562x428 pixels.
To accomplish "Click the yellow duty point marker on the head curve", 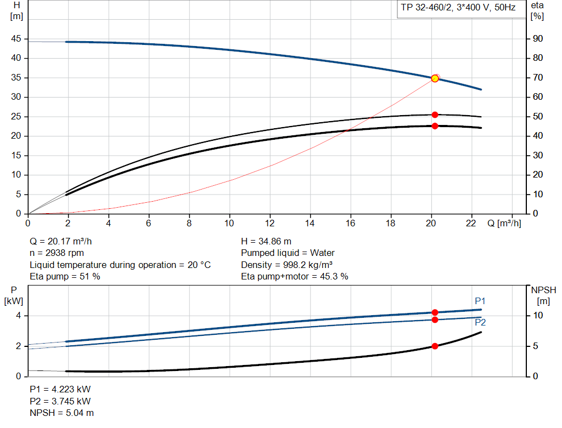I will (435, 78).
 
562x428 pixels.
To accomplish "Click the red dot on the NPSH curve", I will (435, 346).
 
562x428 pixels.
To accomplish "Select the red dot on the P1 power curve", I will (435, 312).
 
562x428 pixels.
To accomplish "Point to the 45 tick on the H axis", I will (16, 39).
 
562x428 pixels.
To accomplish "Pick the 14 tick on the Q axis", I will (310, 223).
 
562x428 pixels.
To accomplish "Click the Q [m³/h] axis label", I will (504, 223).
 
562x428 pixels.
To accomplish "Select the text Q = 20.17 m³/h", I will (64, 241).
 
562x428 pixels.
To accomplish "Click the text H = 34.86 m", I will (266, 241).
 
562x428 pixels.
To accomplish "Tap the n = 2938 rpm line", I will (57, 253).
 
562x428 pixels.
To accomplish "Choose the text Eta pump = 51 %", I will (65, 277).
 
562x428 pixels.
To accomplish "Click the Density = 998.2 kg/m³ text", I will (287, 265).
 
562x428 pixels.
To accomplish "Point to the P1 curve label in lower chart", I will (480, 301).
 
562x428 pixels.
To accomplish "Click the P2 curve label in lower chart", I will (480, 322).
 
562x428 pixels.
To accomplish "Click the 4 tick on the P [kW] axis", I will (18, 316).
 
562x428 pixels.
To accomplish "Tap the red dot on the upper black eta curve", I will (435, 115).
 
